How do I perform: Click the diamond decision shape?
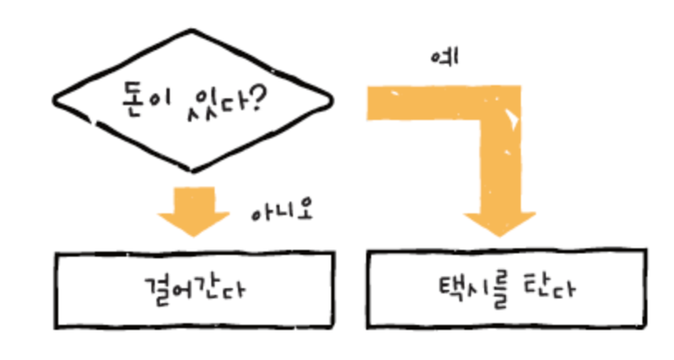[193, 103]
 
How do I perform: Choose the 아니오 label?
[280, 212]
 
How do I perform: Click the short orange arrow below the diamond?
[193, 210]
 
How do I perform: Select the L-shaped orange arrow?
[490, 114]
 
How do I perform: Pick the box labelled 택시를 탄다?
[506, 289]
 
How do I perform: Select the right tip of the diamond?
[333, 103]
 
